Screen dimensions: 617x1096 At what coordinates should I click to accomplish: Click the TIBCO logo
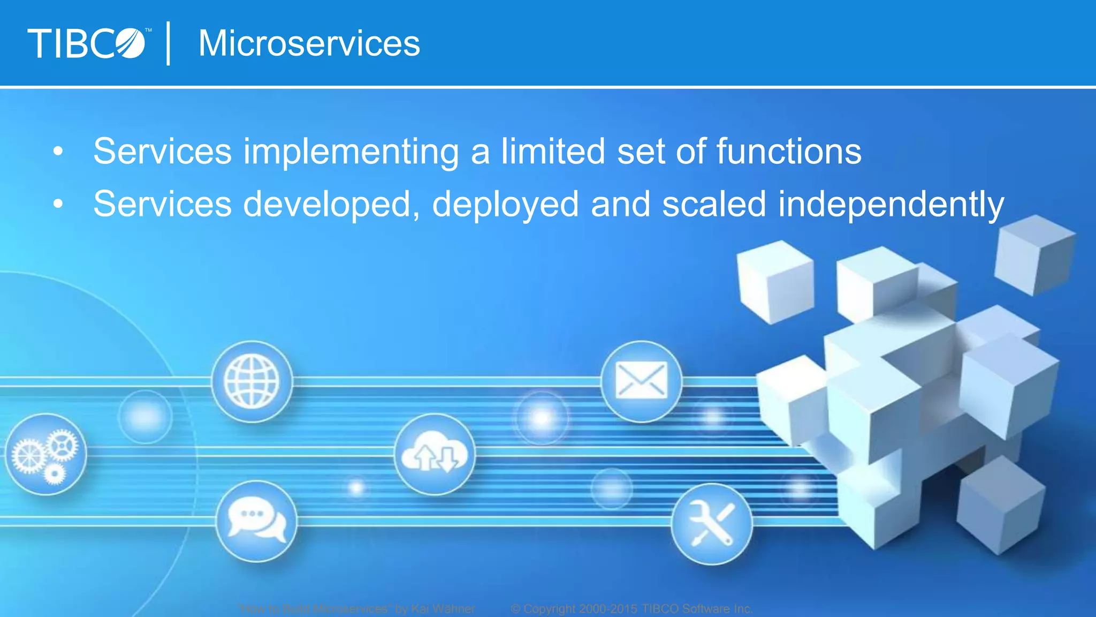pos(87,43)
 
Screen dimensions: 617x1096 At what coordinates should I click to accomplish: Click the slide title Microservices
pos(309,43)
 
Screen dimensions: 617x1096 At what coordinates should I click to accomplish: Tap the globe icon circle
pos(252,382)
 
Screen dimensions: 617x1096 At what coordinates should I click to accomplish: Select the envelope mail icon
pos(641,381)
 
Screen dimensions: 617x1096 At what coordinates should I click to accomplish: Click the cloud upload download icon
pos(435,454)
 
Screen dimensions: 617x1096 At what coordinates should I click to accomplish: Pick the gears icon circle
pos(46,454)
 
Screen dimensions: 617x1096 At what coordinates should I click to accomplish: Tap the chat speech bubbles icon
pos(257,521)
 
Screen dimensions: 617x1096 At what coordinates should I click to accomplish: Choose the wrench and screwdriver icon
pos(711,524)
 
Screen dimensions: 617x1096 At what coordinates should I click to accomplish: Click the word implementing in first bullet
pos(351,151)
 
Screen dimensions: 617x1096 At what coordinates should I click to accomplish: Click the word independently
pos(890,204)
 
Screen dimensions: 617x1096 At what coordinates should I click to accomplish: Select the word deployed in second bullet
pos(505,204)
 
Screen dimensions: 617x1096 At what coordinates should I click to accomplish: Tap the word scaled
pos(714,204)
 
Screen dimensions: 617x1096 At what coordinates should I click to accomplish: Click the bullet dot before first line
pos(58,152)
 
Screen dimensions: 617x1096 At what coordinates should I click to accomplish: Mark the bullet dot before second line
pos(58,204)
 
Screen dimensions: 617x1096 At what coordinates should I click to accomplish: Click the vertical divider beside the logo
pos(169,43)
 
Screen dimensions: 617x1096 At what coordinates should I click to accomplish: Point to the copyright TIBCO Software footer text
pos(631,609)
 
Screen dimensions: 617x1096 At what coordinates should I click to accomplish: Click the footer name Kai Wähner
pos(443,609)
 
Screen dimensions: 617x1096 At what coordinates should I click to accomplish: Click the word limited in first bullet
pos(553,151)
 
